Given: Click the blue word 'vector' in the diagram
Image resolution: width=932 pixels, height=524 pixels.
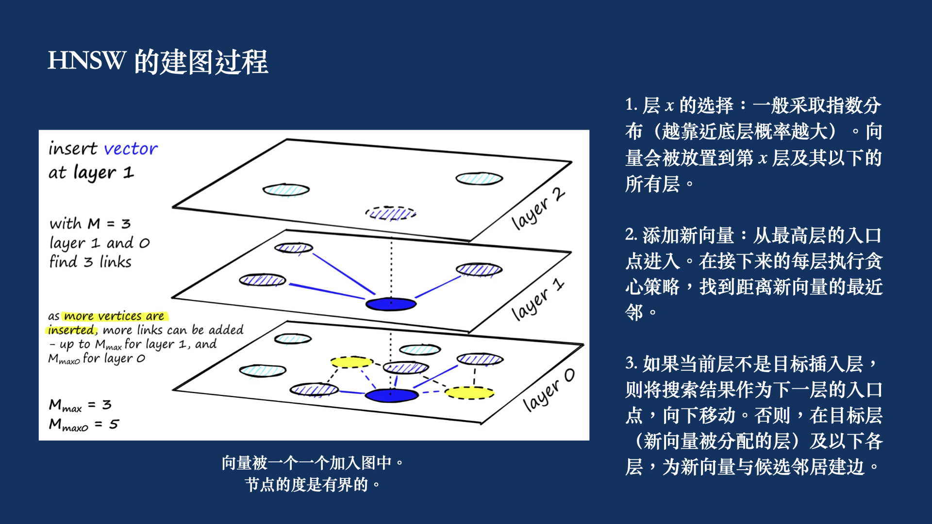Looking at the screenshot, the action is [x=131, y=148].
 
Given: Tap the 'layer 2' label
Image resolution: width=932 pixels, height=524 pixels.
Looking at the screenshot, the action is [x=538, y=209].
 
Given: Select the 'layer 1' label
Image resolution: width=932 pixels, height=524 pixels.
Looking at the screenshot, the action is [x=538, y=299].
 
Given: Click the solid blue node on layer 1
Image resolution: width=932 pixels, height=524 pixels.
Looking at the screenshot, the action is [x=391, y=304].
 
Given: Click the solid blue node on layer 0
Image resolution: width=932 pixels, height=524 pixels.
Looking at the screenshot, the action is [x=391, y=395].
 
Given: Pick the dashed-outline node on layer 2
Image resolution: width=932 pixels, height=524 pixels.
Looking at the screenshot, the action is [x=391, y=213].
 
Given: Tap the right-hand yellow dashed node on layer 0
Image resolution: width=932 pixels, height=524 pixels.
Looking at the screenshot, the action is [x=469, y=393].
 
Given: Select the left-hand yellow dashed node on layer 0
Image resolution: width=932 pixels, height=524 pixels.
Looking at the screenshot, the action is [x=351, y=362].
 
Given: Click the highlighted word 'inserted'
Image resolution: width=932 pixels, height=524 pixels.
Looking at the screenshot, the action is [x=71, y=330].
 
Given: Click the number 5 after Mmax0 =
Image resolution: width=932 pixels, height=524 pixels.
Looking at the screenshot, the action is [x=114, y=424].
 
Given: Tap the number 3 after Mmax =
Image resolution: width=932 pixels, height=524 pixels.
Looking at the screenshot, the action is [x=107, y=405].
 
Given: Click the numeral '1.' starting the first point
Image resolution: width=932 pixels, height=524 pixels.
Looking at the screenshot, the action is [x=631, y=105].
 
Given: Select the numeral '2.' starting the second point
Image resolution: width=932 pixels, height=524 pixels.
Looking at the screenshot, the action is [x=631, y=235].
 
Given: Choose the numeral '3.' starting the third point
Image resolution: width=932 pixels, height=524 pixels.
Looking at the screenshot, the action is [x=631, y=363].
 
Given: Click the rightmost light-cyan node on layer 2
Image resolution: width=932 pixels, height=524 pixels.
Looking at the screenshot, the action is [x=479, y=179].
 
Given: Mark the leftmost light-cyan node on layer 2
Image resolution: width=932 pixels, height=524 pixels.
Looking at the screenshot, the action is [x=286, y=190].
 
